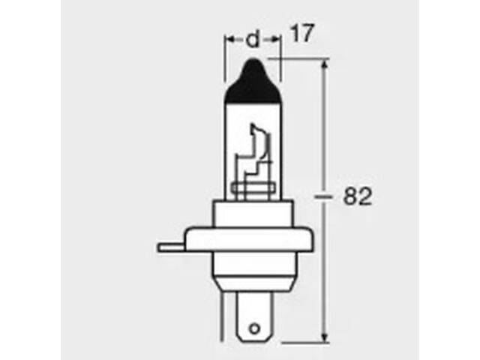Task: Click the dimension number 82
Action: (357, 196)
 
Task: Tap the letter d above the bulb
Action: (253, 40)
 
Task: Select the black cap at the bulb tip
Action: (253, 81)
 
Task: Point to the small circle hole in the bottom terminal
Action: (254, 328)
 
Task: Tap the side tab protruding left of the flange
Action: (172, 247)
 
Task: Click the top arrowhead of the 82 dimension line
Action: (325, 64)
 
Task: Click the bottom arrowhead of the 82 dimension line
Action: (325, 337)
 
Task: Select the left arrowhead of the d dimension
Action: (230, 40)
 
